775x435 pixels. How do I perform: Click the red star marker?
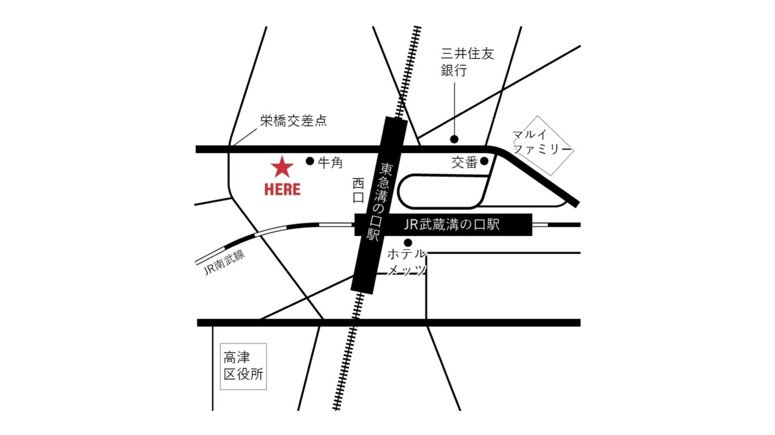pyautogui.click(x=282, y=167)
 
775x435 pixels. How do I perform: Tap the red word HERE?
pyautogui.click(x=282, y=189)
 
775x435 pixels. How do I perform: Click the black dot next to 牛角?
pyautogui.click(x=310, y=161)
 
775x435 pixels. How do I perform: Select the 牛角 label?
pyautogui.click(x=331, y=163)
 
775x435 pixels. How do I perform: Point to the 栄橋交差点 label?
pyautogui.click(x=294, y=121)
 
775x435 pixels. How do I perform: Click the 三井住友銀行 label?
pyautogui.click(x=467, y=62)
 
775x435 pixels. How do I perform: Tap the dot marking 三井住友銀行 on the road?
pyautogui.click(x=454, y=139)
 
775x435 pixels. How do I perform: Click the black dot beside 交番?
pyautogui.click(x=484, y=161)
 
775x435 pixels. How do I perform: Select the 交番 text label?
pyautogui.click(x=464, y=163)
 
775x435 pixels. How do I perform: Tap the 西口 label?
pyautogui.click(x=358, y=191)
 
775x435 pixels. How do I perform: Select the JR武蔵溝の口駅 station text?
pyautogui.click(x=451, y=225)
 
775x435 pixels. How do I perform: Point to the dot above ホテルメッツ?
pyautogui.click(x=408, y=243)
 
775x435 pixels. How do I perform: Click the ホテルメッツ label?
pyautogui.click(x=406, y=262)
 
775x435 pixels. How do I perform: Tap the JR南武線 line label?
pyautogui.click(x=224, y=262)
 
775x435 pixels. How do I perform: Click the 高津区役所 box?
pyautogui.click(x=243, y=366)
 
